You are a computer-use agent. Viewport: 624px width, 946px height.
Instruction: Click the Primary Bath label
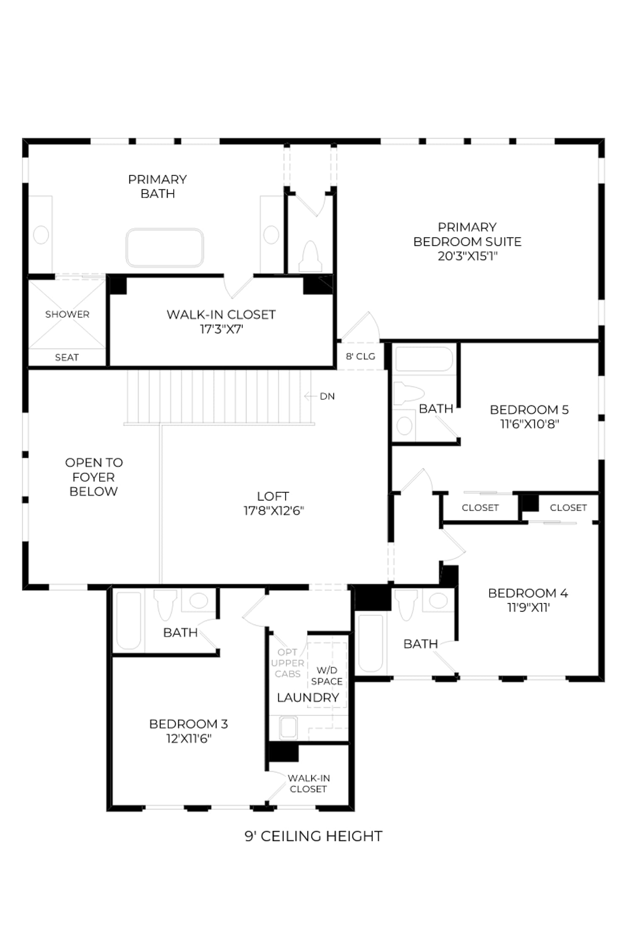click(158, 186)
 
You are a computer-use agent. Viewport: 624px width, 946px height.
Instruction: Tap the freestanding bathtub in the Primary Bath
click(165, 248)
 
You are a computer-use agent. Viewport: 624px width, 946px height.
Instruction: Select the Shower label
click(67, 314)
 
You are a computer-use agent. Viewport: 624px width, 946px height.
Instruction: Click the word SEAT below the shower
click(67, 357)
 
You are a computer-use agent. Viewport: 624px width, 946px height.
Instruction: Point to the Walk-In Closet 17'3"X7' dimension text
click(221, 329)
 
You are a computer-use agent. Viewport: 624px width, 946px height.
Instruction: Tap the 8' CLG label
click(361, 356)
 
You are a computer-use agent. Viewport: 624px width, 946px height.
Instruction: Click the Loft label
click(273, 496)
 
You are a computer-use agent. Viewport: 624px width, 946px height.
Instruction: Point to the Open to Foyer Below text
click(94, 477)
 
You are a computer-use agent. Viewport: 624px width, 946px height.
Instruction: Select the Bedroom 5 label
click(529, 409)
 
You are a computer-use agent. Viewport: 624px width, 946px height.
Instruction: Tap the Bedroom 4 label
click(528, 593)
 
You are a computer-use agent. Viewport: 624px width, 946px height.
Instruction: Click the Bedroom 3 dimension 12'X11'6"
click(189, 738)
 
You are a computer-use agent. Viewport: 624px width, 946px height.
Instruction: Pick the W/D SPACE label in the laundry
click(327, 676)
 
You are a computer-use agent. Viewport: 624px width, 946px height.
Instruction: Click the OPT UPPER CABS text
click(287, 663)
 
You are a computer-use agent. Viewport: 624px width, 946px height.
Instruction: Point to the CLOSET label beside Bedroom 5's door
click(480, 507)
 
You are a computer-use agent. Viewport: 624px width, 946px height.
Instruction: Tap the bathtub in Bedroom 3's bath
click(129, 621)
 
